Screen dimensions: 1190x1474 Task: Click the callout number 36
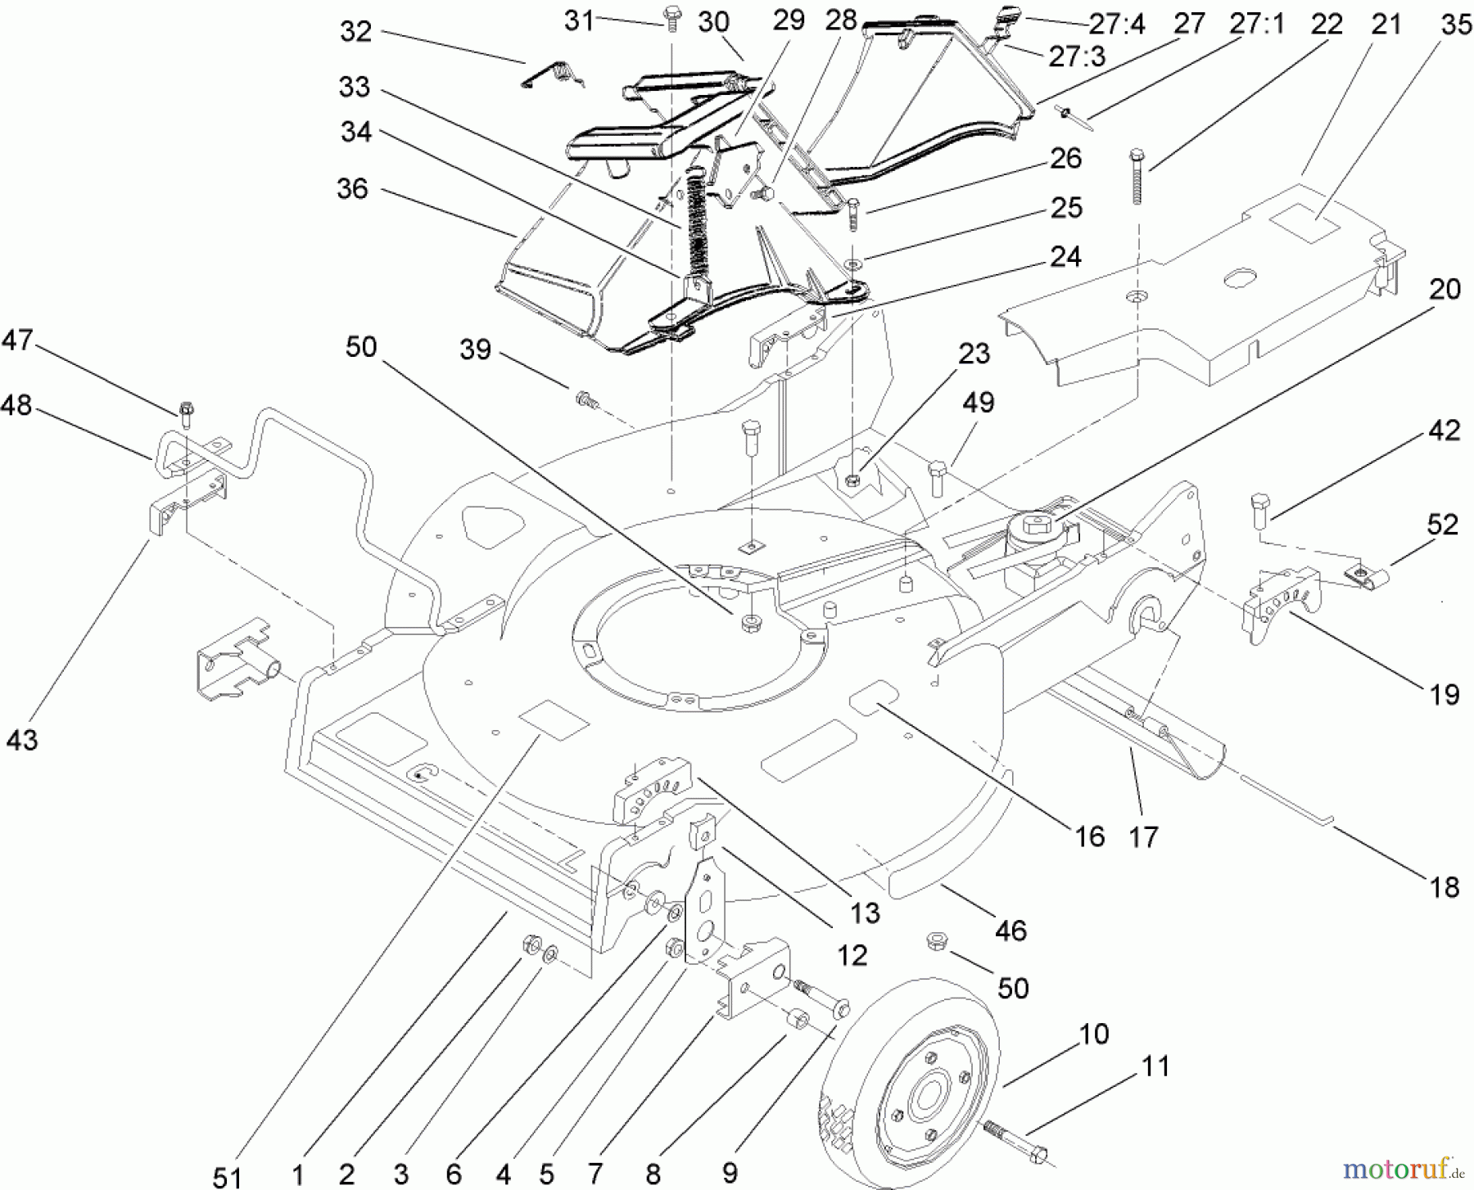(353, 189)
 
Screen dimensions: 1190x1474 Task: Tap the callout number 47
(17, 340)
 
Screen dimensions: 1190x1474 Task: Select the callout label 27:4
(1116, 25)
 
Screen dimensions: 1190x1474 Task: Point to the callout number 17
(1143, 836)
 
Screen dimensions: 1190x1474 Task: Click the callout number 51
(228, 1177)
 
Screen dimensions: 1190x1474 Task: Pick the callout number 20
(1445, 289)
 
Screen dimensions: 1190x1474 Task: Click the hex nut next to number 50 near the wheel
(936, 940)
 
